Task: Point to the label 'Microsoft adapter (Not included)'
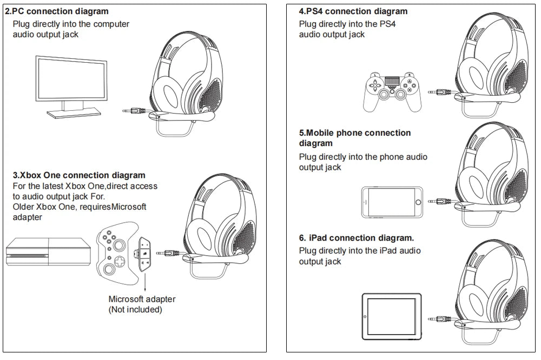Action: pos(142,304)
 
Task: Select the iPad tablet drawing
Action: pos(391,316)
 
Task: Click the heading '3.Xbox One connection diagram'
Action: pos(79,175)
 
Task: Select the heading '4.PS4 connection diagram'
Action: pos(353,11)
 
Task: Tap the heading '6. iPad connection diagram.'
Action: pos(357,238)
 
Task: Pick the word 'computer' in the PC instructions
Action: pos(111,24)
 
